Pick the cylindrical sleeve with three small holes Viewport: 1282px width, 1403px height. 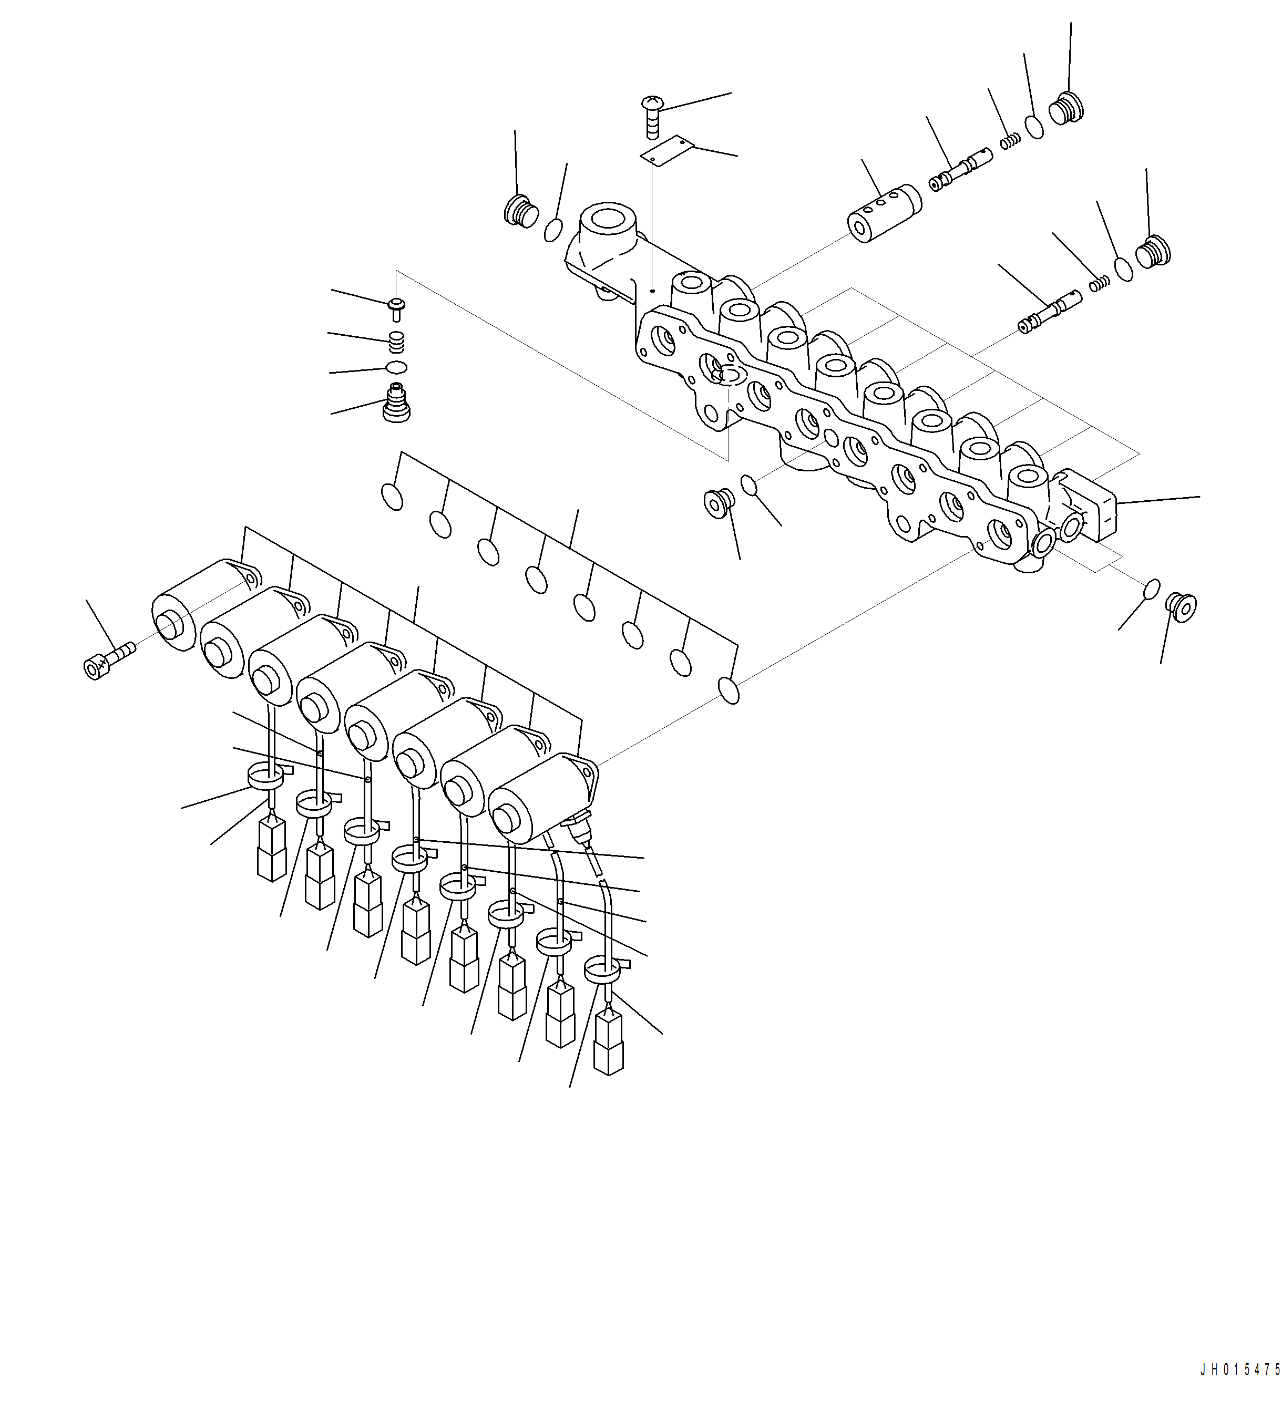click(884, 213)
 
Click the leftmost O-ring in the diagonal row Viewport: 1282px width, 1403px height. click(392, 496)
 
